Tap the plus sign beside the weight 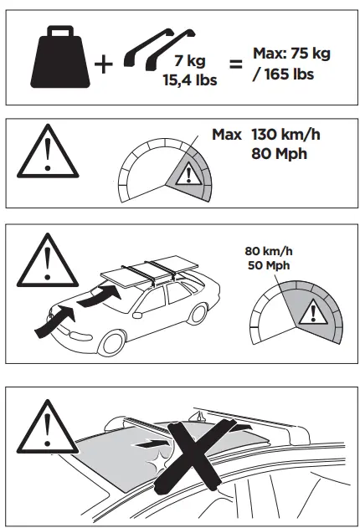(103, 63)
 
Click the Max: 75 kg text (291, 54)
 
